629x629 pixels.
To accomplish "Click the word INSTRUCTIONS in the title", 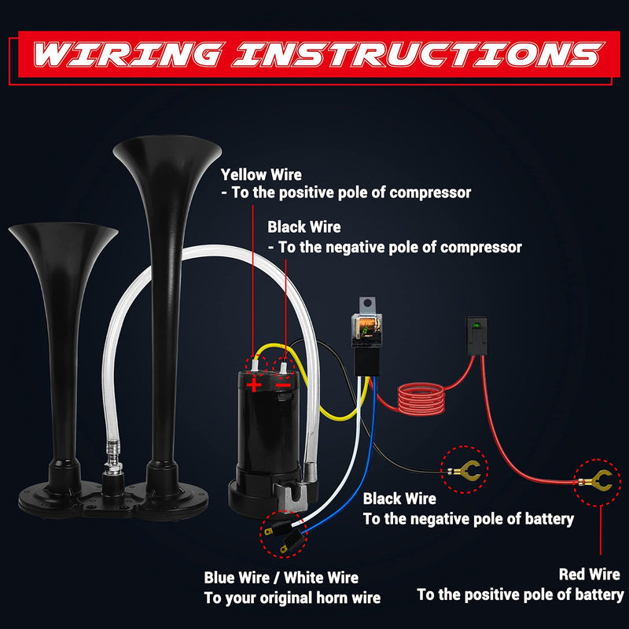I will pyautogui.click(x=413, y=54).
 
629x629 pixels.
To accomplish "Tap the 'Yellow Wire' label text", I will pyautogui.click(x=261, y=175).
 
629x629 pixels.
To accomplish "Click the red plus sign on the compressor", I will pyautogui.click(x=254, y=384).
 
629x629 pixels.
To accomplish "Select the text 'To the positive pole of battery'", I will pyautogui.click(x=520, y=594).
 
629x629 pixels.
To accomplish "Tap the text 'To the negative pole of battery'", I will pyautogui.click(x=468, y=519).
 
